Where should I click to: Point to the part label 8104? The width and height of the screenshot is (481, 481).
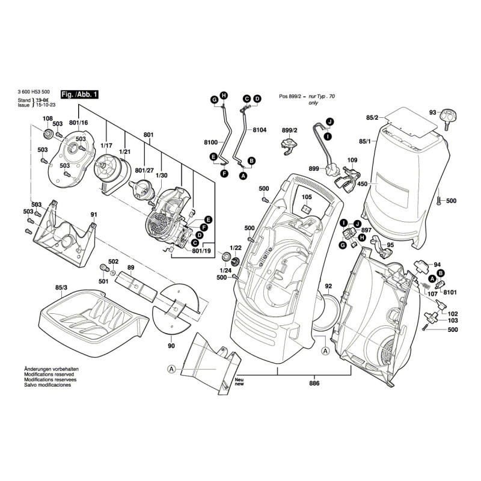point(259,130)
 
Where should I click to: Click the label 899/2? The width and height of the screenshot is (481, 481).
point(290,130)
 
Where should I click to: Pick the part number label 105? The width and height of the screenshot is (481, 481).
point(307,197)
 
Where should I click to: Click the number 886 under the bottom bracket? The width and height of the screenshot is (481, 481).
point(314,383)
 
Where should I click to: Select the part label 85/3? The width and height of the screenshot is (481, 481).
point(61,288)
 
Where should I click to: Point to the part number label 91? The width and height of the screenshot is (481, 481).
point(94,215)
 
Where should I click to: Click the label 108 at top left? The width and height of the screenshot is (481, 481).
point(47,118)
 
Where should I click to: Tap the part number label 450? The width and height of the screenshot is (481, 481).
point(363,184)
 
